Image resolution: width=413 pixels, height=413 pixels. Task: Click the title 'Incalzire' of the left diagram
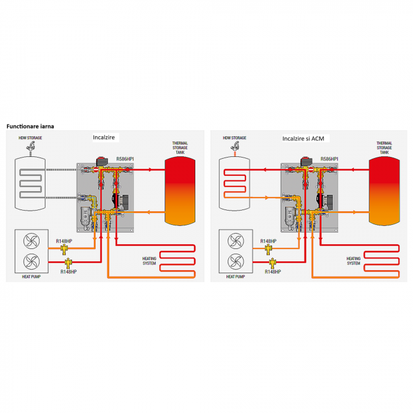[x=105, y=137]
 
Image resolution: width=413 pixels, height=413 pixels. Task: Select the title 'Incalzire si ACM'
[x=306, y=138]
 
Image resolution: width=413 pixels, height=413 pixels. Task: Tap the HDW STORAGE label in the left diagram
[x=30, y=138]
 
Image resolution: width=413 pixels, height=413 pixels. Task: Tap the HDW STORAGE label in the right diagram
[x=234, y=138]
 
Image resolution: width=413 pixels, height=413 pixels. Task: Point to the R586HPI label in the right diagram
[x=329, y=159]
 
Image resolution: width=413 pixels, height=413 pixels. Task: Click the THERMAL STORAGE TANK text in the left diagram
[x=180, y=147]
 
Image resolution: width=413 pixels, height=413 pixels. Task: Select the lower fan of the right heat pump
[x=235, y=261]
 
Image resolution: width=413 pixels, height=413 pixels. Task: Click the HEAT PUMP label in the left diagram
[x=30, y=276]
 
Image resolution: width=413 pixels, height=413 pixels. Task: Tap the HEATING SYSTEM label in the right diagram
[x=353, y=261]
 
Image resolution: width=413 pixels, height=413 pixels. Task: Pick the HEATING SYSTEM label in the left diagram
[x=149, y=261]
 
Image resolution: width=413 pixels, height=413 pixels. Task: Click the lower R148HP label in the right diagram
[x=272, y=272]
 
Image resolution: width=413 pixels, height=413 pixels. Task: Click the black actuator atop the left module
[x=101, y=160]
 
